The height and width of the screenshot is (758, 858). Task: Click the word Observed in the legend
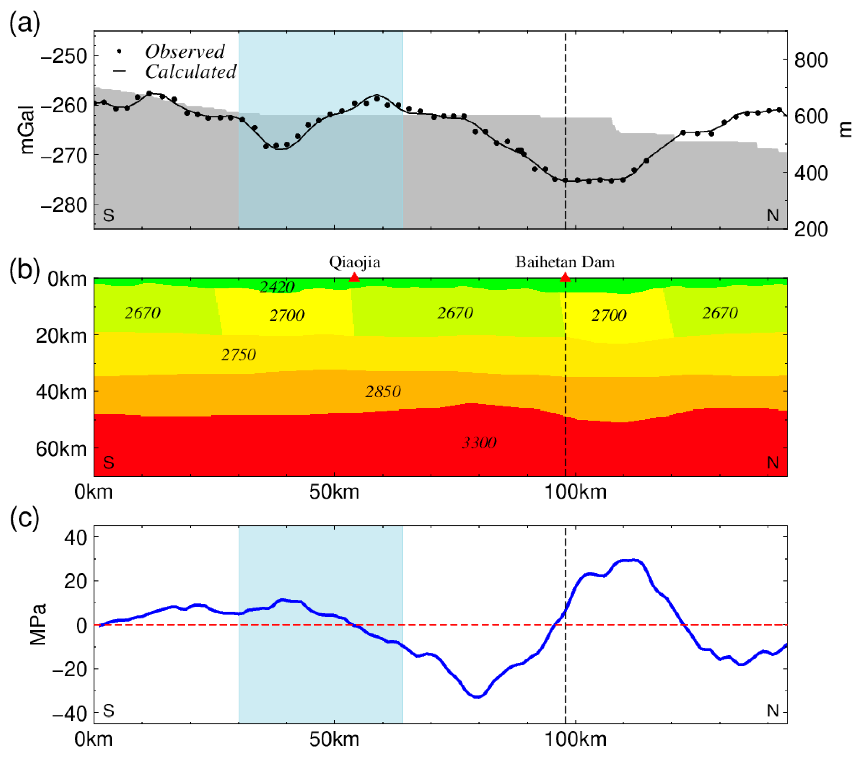coord(185,52)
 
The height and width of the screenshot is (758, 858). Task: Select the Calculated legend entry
coord(190,72)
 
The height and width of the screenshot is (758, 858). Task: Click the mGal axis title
coord(28,130)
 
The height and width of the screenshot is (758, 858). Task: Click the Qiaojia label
coord(355,262)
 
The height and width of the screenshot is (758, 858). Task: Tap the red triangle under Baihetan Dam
coord(565,277)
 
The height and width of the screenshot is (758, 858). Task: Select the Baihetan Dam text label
coord(565,262)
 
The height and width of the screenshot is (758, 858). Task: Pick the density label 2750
coord(238,355)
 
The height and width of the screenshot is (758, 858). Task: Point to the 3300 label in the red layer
coord(479,443)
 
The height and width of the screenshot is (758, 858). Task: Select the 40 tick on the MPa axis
coord(76,537)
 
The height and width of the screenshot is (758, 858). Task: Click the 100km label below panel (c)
coord(575,739)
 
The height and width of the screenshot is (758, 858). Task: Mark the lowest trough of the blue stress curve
coord(478,696)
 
